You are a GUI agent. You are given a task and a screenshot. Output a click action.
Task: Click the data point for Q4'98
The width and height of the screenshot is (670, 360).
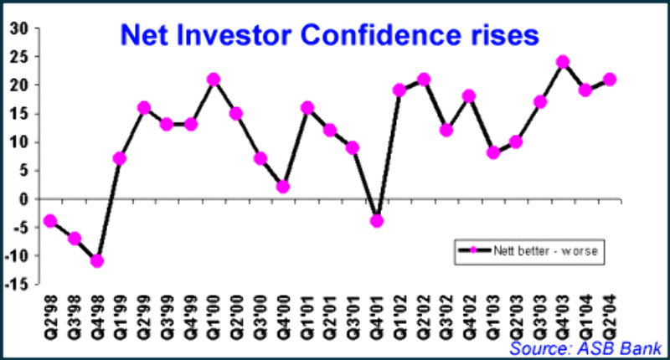click(96, 260)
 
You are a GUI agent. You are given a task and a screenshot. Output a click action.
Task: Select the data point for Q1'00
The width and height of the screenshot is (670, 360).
click(214, 80)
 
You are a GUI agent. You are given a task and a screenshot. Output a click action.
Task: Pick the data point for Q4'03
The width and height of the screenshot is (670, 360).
click(563, 62)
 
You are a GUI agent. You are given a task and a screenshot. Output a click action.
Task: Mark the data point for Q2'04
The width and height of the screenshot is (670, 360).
click(610, 80)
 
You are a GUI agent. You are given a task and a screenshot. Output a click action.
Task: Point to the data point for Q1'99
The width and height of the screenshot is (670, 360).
click(120, 158)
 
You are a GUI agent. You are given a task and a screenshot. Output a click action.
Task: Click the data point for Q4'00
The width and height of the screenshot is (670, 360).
click(283, 187)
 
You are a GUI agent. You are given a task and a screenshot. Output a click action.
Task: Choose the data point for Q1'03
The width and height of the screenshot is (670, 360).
click(493, 152)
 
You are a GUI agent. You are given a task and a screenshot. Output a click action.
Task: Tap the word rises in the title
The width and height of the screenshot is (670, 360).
click(503, 34)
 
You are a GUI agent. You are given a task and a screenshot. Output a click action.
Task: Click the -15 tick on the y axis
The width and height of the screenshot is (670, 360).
click(16, 285)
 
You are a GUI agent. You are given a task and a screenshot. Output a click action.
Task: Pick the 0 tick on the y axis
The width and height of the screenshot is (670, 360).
click(23, 198)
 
